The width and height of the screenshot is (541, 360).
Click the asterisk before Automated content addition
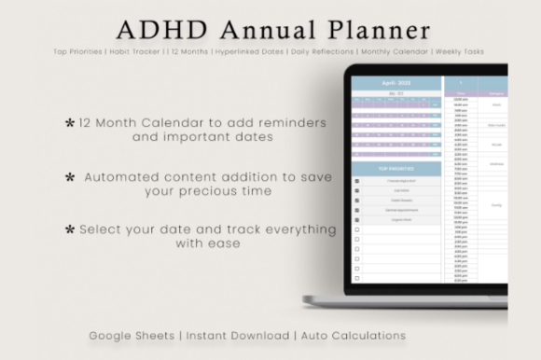pyautogui.click(x=70, y=175)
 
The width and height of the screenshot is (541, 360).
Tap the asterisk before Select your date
pyautogui.click(x=69, y=228)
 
